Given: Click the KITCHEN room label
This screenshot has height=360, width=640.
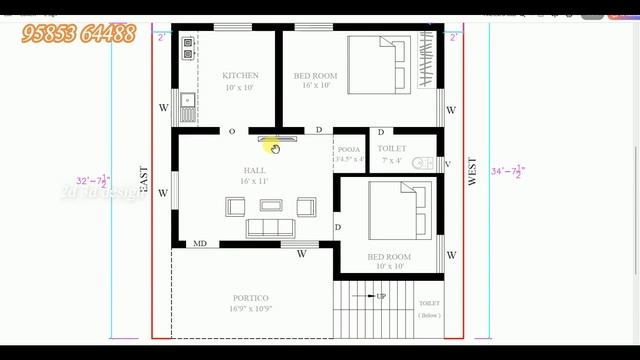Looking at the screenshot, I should click(x=240, y=75).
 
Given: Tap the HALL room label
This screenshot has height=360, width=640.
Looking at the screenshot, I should click(x=255, y=170).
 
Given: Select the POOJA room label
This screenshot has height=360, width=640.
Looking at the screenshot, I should click(x=349, y=148).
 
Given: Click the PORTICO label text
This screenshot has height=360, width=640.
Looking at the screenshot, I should click(x=251, y=298).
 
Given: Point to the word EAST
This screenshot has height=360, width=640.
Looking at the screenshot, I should click(x=145, y=180).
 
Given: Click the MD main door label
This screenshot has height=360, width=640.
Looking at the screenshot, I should click(x=200, y=243).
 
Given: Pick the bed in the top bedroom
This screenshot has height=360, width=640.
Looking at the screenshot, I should click(x=377, y=62).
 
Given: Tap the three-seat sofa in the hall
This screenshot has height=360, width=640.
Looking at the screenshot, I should click(x=270, y=228).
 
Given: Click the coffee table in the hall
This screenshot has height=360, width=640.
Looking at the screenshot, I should click(x=271, y=205).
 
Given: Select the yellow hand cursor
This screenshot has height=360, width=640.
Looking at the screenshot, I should click(x=274, y=147).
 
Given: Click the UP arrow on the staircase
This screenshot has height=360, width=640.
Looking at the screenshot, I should click(x=378, y=296).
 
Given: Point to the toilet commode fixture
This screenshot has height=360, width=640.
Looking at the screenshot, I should click(x=423, y=163).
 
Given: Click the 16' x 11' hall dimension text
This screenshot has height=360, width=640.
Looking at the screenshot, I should click(x=255, y=181).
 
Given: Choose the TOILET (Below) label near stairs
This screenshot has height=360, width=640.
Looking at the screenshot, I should click(x=429, y=309).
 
